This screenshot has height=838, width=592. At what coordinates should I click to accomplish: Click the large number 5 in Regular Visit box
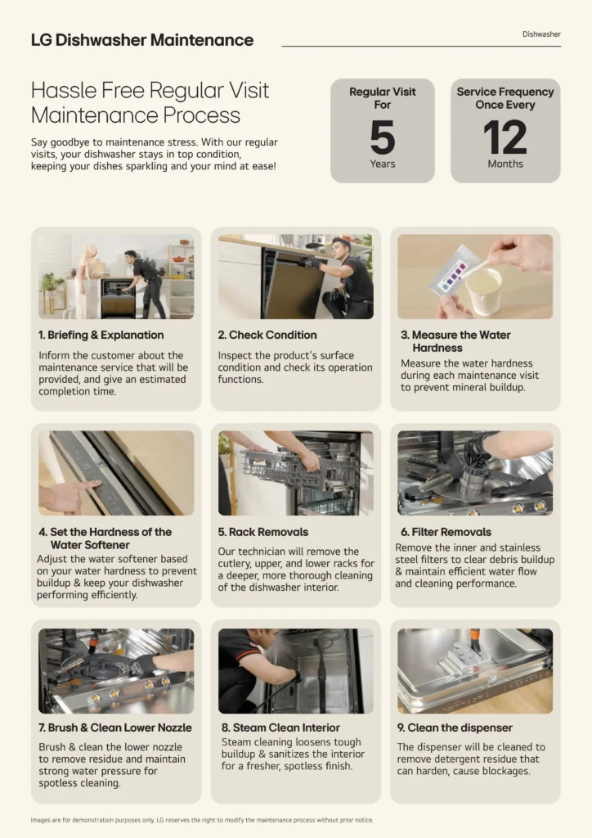[382, 137]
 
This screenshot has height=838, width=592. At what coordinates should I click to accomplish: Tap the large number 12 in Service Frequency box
[505, 137]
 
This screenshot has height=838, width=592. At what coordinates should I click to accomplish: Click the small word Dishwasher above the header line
[541, 34]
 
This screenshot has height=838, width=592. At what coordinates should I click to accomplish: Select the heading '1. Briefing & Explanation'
[101, 335]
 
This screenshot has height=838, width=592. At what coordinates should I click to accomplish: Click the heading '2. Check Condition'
[267, 335]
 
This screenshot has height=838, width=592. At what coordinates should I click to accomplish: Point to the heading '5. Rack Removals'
[262, 532]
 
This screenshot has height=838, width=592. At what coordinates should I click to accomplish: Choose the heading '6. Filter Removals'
[446, 532]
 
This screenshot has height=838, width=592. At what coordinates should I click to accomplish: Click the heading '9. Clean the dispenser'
[455, 728]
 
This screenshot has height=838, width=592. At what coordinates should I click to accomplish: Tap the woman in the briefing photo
[86, 279]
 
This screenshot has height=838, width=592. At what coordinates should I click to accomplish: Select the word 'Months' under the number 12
[505, 164]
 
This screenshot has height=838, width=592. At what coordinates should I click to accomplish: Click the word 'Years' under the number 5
[382, 164]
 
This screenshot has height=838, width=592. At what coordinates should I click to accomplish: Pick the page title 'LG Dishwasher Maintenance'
[142, 39]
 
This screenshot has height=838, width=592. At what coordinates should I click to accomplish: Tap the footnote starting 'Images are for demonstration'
[202, 820]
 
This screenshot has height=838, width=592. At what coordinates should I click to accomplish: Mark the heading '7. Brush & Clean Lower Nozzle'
[114, 728]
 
